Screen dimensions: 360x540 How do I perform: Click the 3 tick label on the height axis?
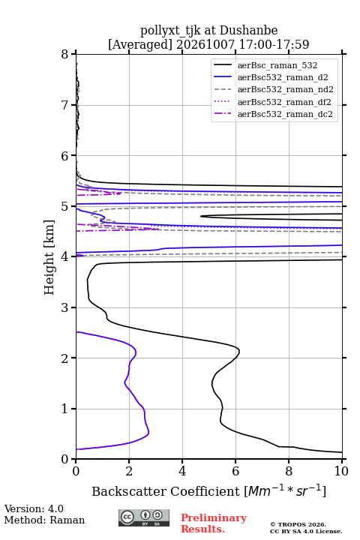click(x=65, y=307)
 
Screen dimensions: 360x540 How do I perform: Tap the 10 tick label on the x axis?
click(x=341, y=471)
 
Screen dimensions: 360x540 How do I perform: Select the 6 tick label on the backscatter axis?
click(x=235, y=471)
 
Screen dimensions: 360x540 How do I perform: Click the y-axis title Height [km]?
click(x=49, y=257)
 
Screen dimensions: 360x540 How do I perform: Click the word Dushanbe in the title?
click(x=248, y=31)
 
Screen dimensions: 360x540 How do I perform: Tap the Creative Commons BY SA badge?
click(x=144, y=517)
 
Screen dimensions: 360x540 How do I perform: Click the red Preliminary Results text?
click(x=214, y=523)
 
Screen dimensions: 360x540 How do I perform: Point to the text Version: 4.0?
click(x=34, y=508)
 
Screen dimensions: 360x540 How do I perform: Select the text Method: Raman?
click(x=44, y=520)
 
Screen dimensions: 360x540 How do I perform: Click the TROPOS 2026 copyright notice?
click(x=298, y=524)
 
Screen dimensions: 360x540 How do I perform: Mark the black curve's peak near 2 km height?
click(x=239, y=352)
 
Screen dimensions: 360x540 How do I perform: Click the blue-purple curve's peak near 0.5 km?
click(x=148, y=433)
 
